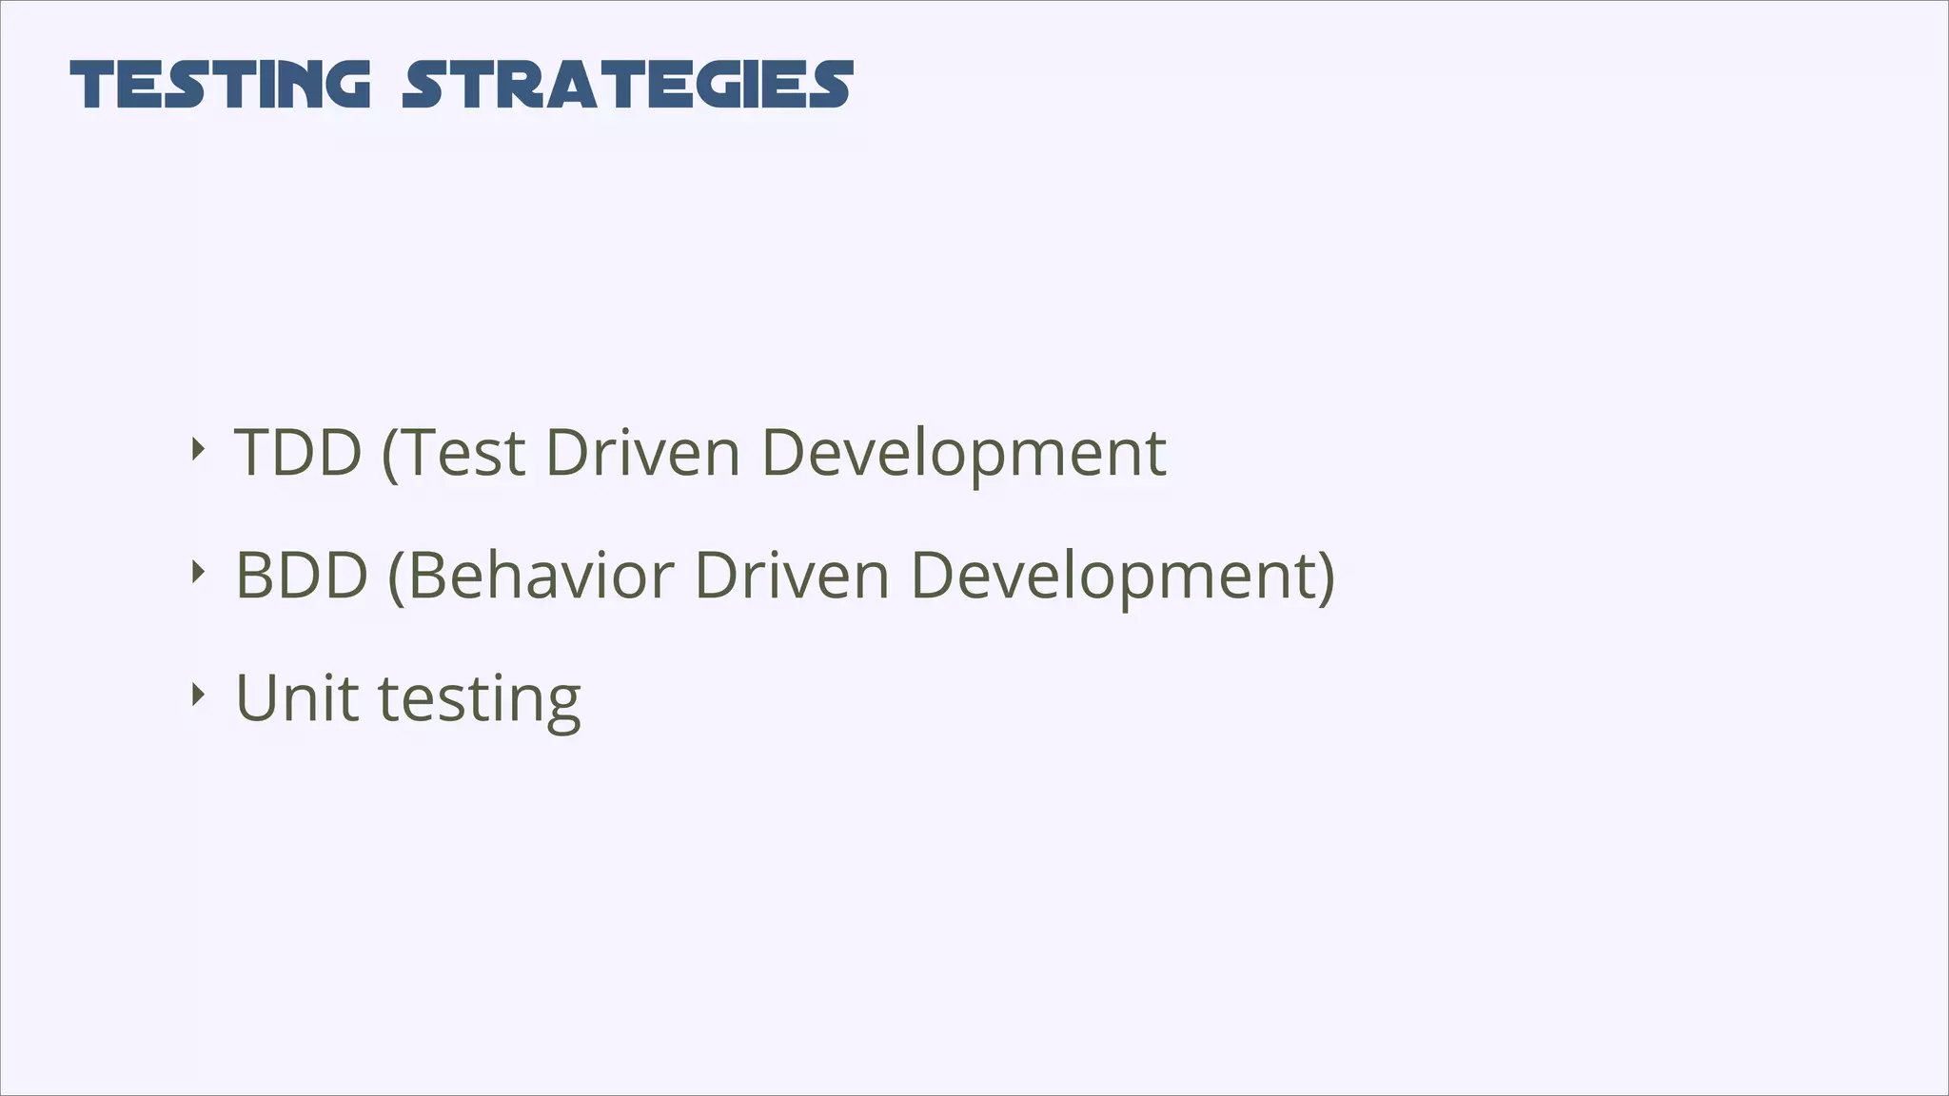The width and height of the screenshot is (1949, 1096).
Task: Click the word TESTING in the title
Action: (x=220, y=85)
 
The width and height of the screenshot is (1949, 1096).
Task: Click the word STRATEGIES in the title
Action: (x=627, y=85)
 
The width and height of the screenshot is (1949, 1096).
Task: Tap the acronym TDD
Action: (x=298, y=452)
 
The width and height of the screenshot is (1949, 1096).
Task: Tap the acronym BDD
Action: (x=301, y=576)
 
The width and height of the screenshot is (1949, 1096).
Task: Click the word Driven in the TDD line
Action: (x=642, y=452)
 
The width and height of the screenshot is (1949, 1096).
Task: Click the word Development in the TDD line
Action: (x=963, y=452)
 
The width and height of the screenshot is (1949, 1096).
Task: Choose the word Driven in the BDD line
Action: (x=792, y=576)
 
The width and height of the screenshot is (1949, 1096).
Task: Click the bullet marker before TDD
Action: (x=197, y=449)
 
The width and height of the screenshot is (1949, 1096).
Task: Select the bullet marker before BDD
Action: (x=197, y=572)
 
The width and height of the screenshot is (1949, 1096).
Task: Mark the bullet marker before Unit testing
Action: (x=197, y=695)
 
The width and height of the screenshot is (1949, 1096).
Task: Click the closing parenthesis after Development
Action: (x=1327, y=577)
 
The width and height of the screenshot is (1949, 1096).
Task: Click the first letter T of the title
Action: (x=93, y=85)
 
